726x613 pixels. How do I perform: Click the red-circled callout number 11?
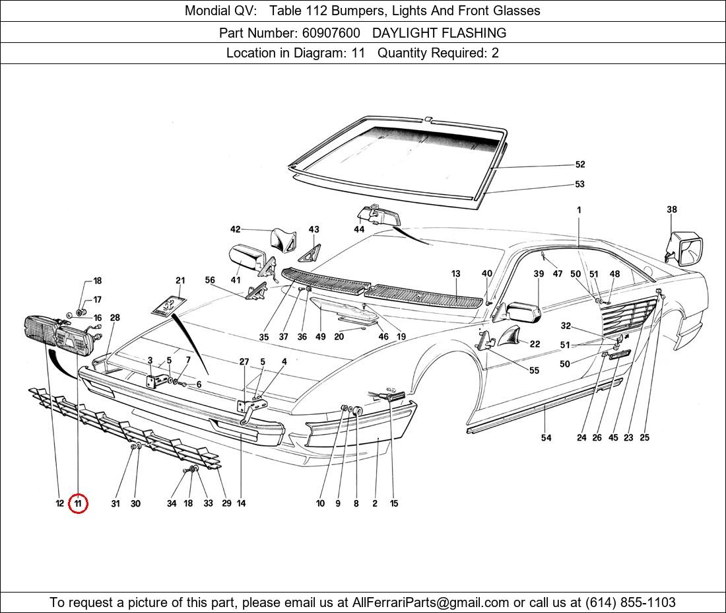pos(78,503)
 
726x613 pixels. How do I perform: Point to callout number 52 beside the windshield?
pos(579,164)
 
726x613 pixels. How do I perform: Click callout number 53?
pos(579,184)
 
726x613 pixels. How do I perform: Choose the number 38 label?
pos(671,210)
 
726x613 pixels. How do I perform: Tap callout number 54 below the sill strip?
pos(546,437)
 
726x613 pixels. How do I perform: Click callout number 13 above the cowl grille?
pos(455,273)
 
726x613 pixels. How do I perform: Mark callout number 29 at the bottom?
pos(226,503)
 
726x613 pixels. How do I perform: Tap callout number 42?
pos(235,229)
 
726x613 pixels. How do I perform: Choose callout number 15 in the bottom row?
pos(393,503)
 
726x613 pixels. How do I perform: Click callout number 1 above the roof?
pos(578,210)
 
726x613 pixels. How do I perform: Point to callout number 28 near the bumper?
pos(115,318)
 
